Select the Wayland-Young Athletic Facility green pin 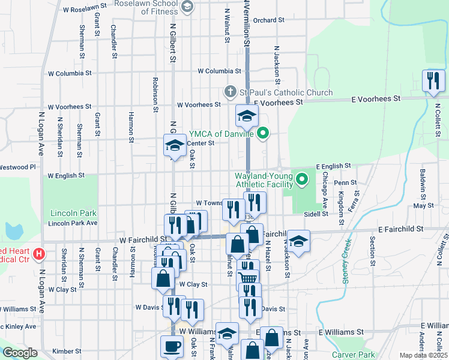coord(303,178)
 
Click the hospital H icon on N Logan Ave coord(39,254)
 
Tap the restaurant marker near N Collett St coord(432,81)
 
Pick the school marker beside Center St coord(175,145)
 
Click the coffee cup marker coord(172,346)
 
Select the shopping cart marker coord(248,277)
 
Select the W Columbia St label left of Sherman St coord(70,73)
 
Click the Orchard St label coord(268,20)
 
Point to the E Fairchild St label coord(400,229)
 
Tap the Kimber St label coord(67,351)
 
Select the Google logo coord(20,353)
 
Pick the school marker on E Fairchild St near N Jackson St coord(298,241)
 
